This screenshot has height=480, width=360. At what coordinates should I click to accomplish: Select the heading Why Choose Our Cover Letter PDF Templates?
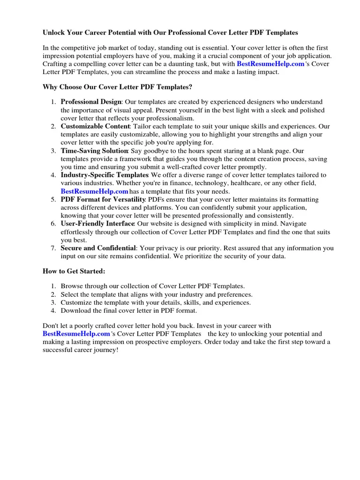pos(117,87)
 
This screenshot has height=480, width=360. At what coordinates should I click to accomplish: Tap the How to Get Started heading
pos(74,271)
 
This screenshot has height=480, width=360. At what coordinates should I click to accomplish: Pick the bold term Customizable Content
pos(95,127)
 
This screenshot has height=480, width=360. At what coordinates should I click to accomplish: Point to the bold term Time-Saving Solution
pos(94,151)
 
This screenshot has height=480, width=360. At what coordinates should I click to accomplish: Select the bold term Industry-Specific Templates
pos(105,175)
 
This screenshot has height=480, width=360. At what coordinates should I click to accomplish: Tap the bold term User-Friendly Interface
pos(97,224)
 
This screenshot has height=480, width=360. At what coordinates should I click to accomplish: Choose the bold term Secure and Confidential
pos(98,248)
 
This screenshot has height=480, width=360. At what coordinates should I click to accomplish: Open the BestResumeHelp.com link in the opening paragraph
pos(270,64)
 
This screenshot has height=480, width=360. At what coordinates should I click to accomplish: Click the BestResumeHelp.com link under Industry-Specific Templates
pos(94,191)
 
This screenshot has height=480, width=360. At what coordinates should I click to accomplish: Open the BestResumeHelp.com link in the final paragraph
pos(76,334)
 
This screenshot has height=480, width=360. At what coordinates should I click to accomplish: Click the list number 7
pos(53,248)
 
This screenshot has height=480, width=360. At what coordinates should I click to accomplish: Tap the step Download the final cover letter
pos(129,310)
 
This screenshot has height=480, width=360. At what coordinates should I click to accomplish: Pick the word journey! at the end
pos(106,350)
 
